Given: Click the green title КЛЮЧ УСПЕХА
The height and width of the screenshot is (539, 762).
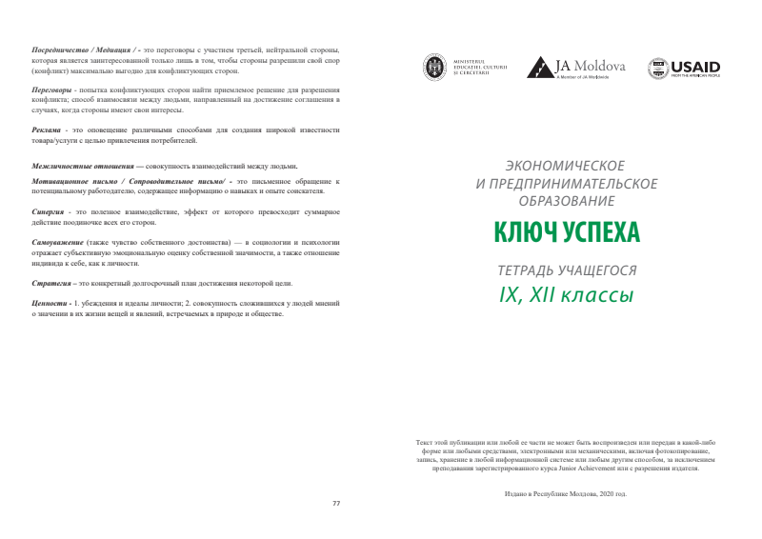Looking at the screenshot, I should [x=566, y=231].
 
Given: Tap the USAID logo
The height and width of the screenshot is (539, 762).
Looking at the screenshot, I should [x=684, y=68].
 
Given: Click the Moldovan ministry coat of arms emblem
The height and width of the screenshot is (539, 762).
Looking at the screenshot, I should [x=434, y=68].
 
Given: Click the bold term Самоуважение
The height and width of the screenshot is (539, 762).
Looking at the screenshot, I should [x=57, y=243].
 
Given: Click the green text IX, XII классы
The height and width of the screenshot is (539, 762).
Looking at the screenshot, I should [x=566, y=295].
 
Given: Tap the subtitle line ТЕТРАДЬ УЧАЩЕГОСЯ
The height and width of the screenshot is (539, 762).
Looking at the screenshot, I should [x=566, y=269].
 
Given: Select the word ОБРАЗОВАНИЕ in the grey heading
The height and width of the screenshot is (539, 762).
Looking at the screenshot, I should [x=566, y=200].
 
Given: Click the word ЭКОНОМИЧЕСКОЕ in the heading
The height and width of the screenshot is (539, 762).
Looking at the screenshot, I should [x=566, y=166].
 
